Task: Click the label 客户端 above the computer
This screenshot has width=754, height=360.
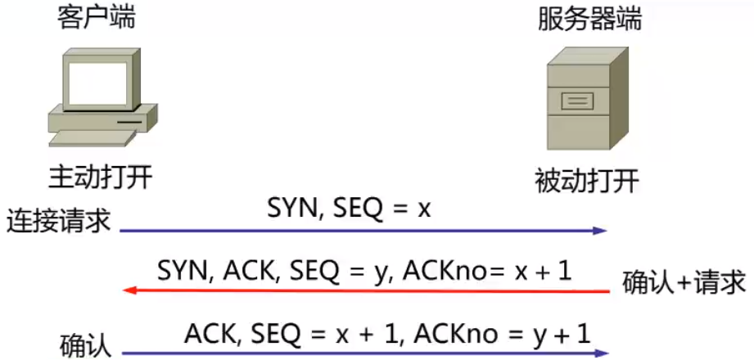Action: coord(97,18)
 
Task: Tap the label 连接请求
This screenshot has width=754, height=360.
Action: coord(58,221)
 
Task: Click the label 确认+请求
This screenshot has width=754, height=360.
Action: coord(684,281)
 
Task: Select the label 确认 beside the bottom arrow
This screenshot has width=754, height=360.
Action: coord(85,344)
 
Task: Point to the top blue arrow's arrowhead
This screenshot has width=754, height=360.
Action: coord(602,231)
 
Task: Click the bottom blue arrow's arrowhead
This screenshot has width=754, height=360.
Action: coord(602,353)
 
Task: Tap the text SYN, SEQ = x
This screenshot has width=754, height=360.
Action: coord(349,209)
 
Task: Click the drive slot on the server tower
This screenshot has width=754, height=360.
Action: coord(577,102)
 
